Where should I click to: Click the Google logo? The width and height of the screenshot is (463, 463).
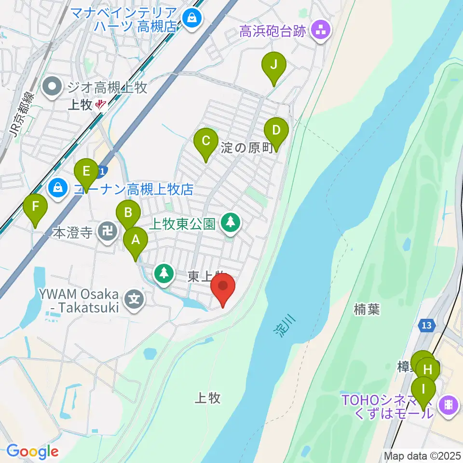pos(33,451)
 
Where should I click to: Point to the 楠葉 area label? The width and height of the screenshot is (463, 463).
pos(367,309)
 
